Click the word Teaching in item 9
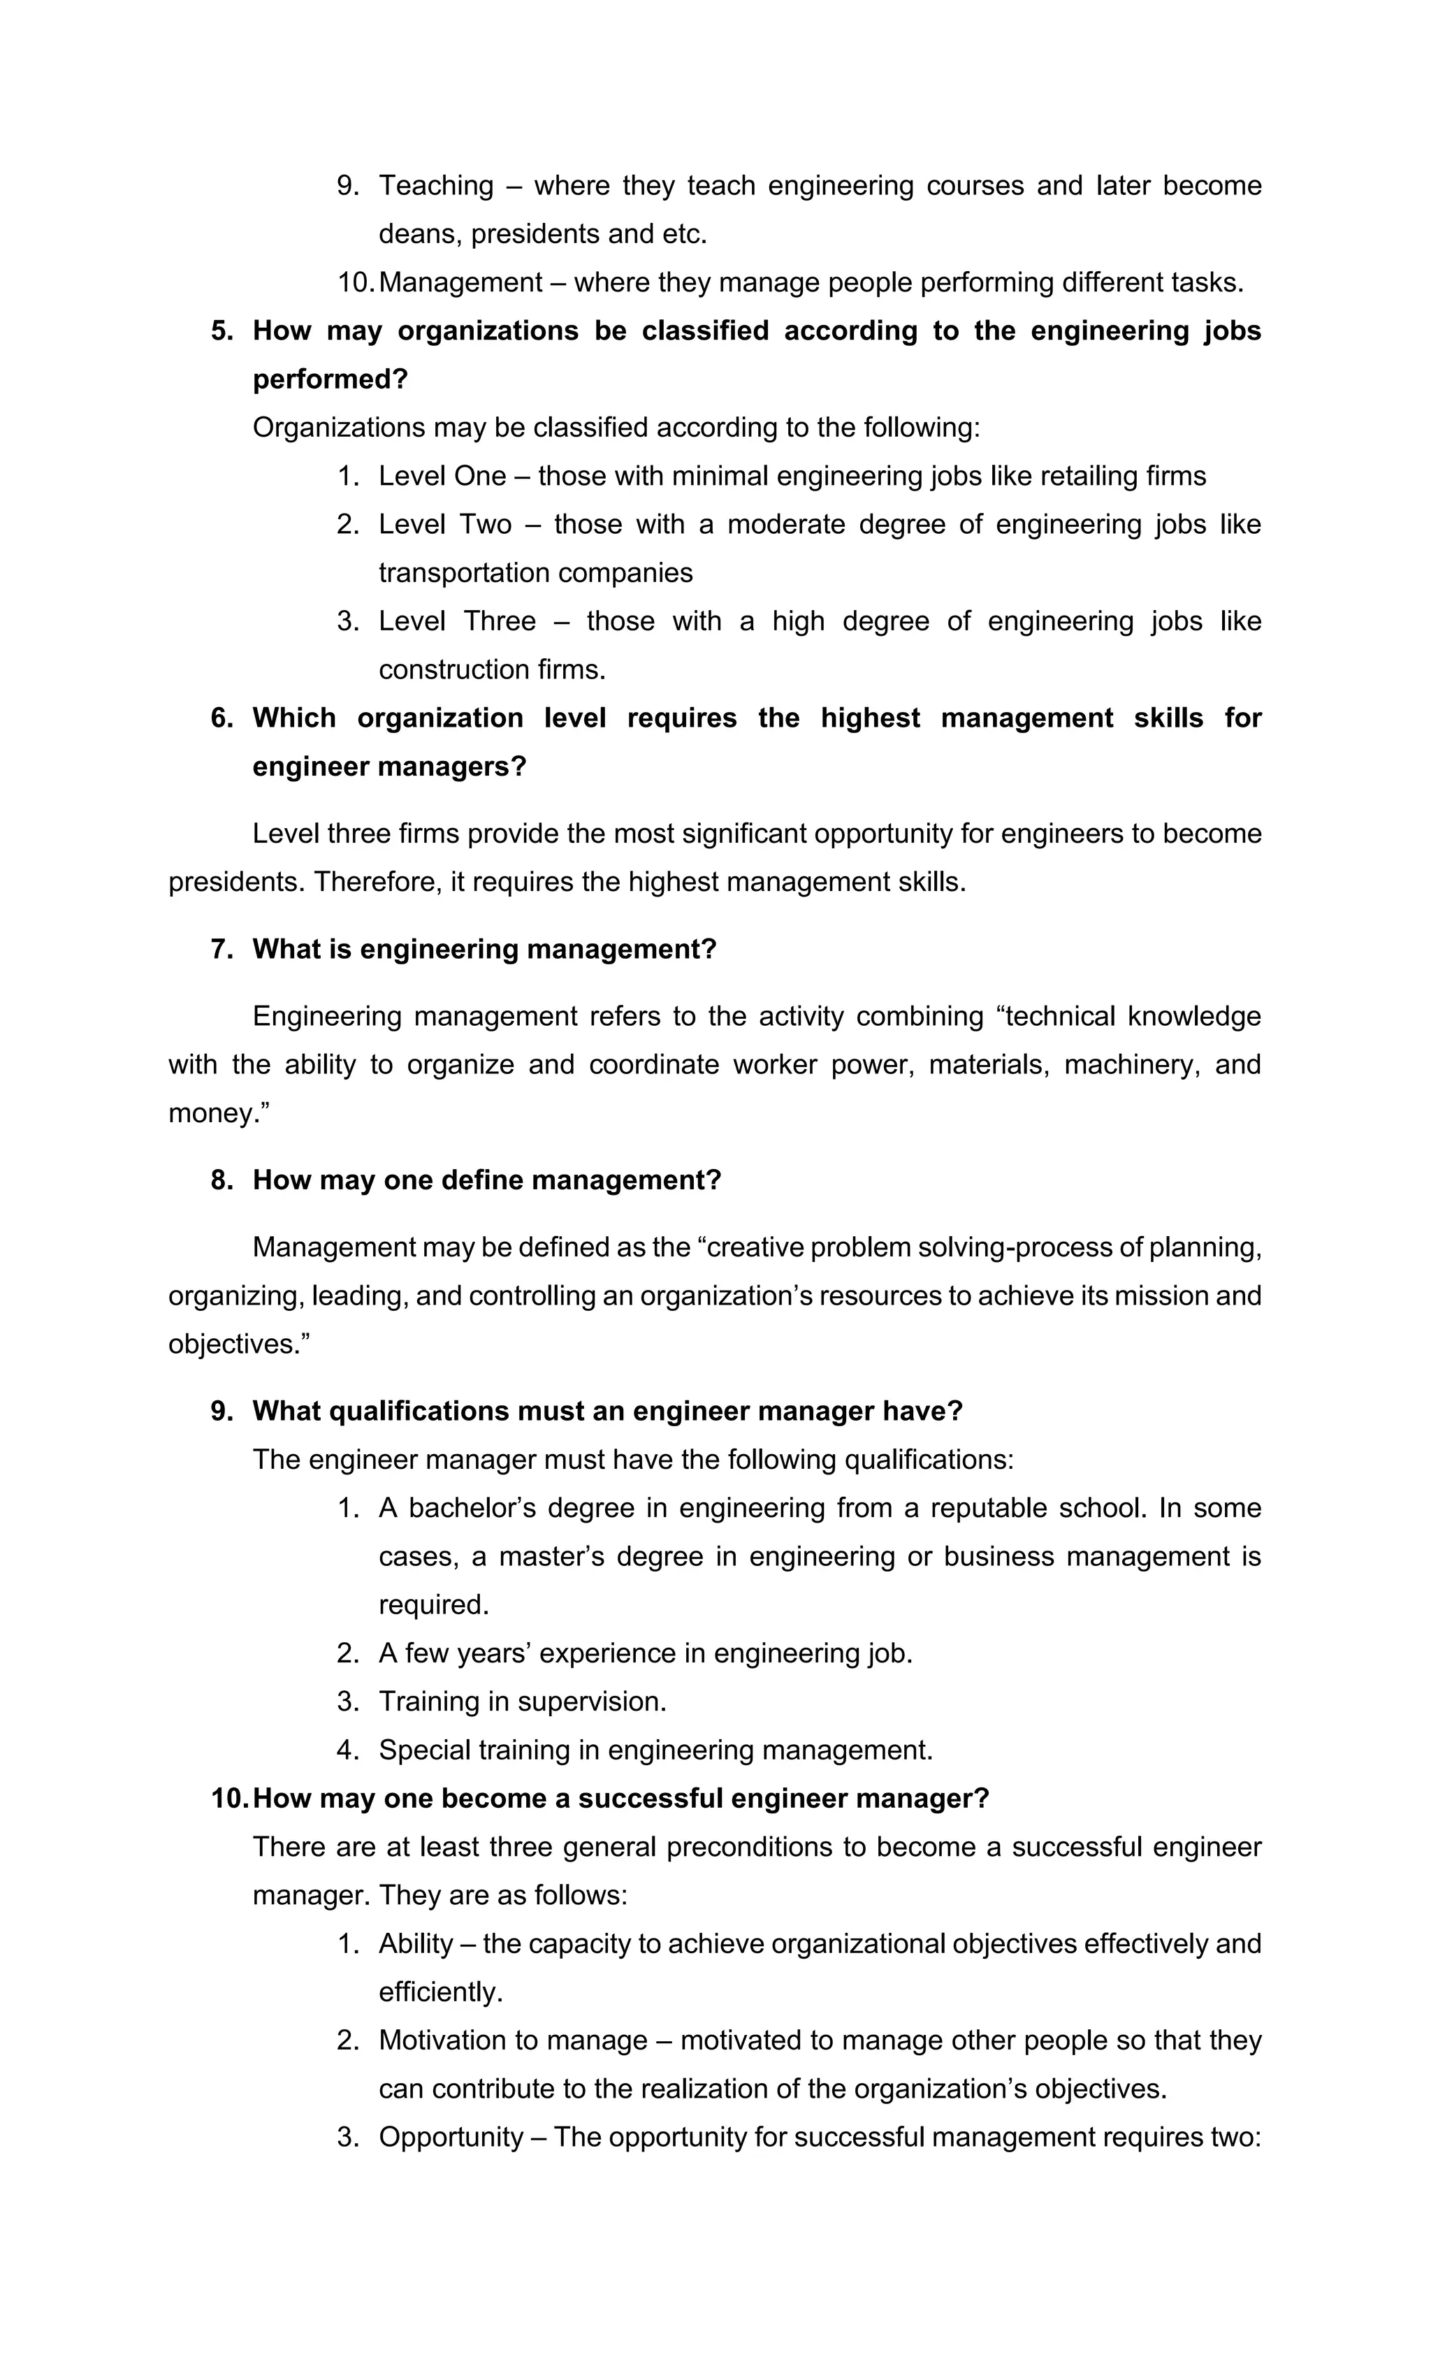[436, 186]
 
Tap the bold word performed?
[330, 379]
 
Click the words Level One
[442, 477]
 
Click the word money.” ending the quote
[219, 1113]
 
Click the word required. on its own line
[433, 1605]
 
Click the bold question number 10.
[230, 1799]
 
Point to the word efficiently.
[440, 1992]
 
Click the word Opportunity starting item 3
[451, 2137]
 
